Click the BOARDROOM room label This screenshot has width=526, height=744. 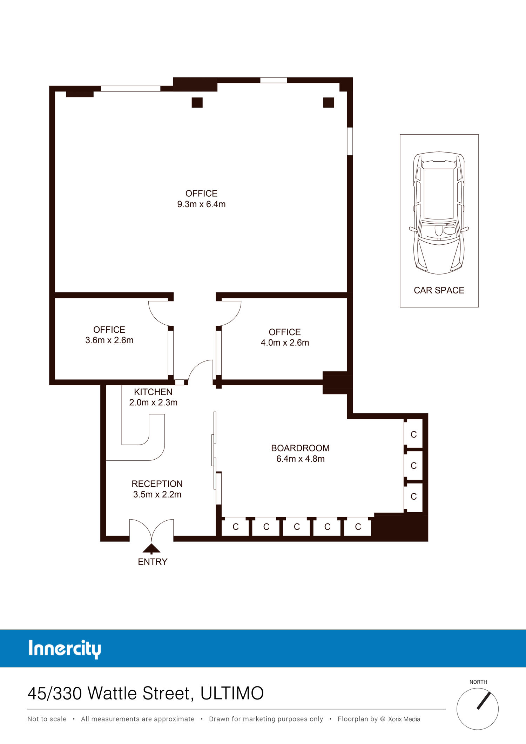(300, 448)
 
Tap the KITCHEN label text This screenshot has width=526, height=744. (153, 392)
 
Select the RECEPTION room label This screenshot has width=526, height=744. (157, 484)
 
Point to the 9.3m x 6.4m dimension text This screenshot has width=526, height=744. (201, 204)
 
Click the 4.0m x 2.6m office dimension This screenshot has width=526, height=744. (285, 343)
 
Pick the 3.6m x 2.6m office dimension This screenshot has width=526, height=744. (109, 340)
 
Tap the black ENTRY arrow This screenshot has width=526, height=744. (151, 548)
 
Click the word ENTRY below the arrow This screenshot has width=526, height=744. (153, 562)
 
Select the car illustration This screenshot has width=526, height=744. (439, 213)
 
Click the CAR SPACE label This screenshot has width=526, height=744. (439, 290)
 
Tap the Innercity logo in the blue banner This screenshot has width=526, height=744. (65, 649)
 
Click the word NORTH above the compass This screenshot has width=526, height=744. (478, 682)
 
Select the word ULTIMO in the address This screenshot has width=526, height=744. (232, 694)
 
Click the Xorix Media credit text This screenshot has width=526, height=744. (404, 719)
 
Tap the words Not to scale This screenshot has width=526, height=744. (47, 719)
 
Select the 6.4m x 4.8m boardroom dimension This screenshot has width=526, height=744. (301, 459)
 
